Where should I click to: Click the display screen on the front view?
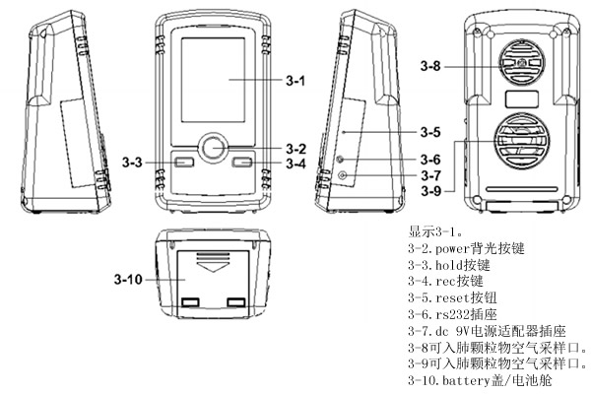[211, 81]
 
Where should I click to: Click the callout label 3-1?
[295, 82]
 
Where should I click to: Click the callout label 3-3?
[137, 163]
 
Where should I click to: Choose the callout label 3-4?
[295, 163]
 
